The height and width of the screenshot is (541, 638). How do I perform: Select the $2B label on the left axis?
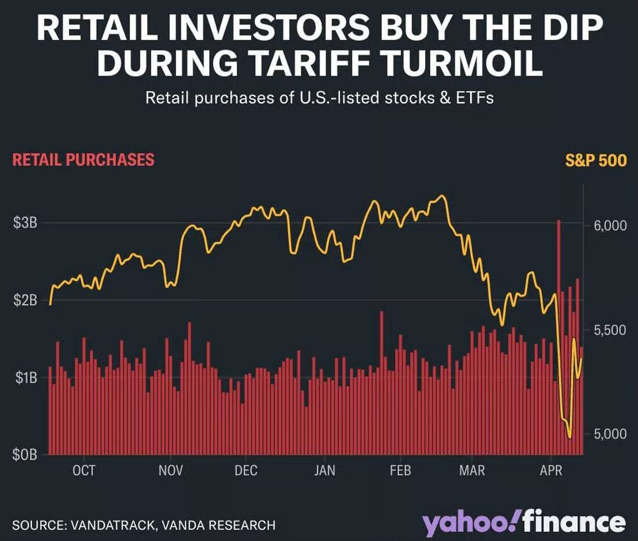pos(25,301)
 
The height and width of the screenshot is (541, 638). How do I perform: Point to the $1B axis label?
pos(25,378)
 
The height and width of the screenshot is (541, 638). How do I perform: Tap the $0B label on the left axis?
pos(25,455)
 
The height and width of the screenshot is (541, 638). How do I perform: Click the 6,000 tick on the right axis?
pos(610,225)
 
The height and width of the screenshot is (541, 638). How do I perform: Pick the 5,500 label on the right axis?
pos(610,330)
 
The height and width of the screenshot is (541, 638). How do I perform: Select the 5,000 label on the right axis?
pos(610,434)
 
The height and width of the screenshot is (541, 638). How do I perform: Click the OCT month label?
pos(85,470)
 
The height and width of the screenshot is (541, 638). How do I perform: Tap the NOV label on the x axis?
pos(171,470)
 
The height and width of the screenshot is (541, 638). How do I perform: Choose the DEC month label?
pos(246,470)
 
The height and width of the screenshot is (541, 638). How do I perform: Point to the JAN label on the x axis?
pos(325,470)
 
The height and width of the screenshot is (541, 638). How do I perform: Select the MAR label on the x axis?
pos(472,470)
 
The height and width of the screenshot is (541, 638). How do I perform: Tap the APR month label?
pos(551,470)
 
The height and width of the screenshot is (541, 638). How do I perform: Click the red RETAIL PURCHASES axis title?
pos(84,160)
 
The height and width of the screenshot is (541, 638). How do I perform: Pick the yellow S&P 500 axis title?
pos(596,160)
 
